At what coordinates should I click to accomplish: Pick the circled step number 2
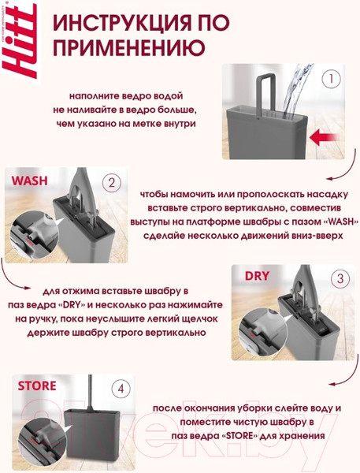113,183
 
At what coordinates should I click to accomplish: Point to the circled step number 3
340,278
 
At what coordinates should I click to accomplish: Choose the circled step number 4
121,389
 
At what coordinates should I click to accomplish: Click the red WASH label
32,181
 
